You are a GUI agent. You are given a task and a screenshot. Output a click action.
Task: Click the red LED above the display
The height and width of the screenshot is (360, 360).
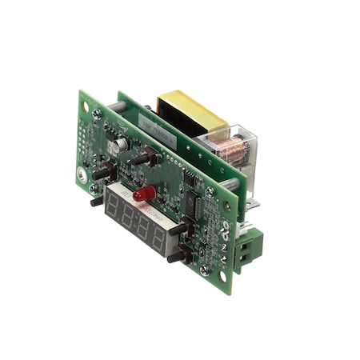144,194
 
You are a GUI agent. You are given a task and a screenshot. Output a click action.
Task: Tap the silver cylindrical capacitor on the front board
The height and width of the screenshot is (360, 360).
121,145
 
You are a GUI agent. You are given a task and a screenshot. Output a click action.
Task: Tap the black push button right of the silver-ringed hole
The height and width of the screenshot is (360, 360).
102,171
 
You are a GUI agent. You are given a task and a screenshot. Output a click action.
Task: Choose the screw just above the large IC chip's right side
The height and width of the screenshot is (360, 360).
210,193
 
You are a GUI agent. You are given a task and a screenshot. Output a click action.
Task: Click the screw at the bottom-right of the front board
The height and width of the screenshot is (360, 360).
205,269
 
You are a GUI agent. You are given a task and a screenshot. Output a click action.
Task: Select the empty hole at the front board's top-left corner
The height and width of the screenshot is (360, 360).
86,106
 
